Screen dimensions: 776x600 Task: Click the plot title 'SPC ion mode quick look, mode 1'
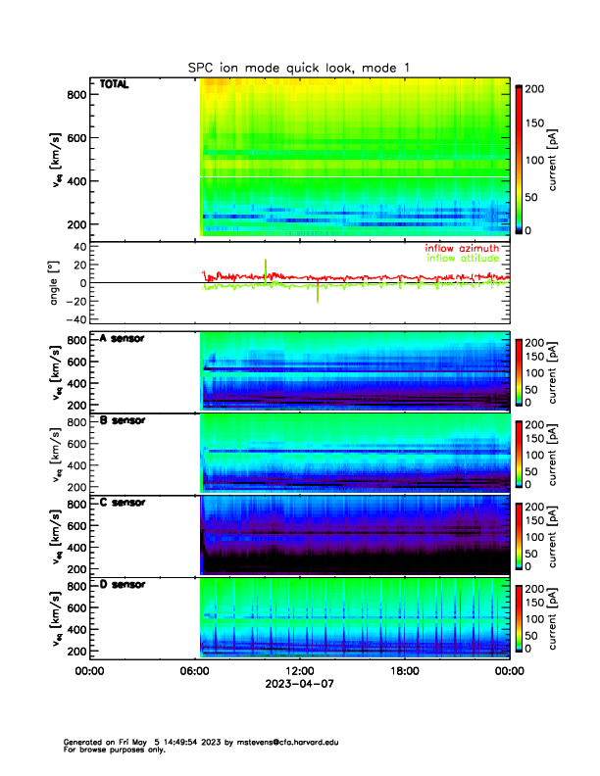(300, 68)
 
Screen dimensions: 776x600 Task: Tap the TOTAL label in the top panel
(115, 85)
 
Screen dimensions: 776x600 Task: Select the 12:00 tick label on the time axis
(300, 671)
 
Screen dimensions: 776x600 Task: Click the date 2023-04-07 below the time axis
(300, 685)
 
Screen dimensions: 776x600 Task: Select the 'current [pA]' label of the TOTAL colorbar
(554, 161)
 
